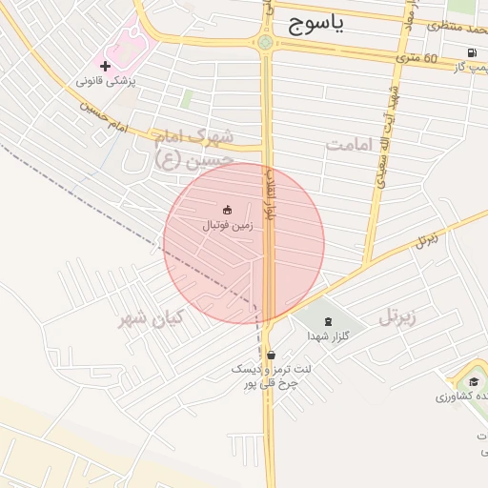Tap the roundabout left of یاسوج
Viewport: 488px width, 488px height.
[265, 42]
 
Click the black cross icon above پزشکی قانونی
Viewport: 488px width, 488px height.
[106, 66]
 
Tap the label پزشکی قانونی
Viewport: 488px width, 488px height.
[107, 82]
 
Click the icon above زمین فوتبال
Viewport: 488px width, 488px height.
[227, 210]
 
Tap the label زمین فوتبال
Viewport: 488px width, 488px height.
[226, 226]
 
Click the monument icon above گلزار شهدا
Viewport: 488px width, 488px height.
[329, 321]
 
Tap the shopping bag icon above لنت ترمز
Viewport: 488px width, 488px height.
[272, 356]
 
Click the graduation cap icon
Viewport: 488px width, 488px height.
[473, 381]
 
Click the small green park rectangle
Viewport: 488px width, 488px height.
[187, 98]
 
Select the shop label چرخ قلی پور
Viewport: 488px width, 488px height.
[268, 382]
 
